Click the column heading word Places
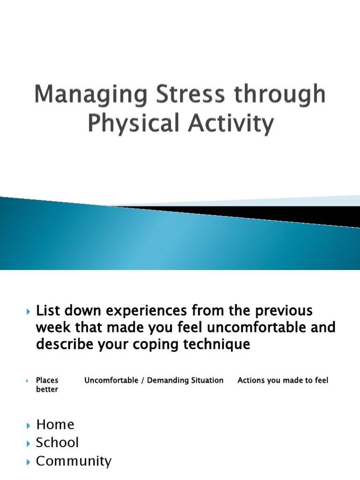[x=47, y=380]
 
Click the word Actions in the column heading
[x=251, y=380]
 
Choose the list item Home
[x=55, y=425]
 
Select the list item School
[x=57, y=442]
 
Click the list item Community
[x=74, y=461]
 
